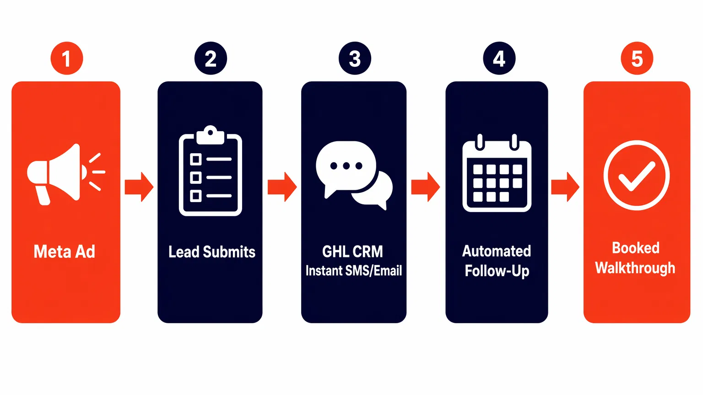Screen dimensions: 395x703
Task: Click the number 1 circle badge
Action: (67, 59)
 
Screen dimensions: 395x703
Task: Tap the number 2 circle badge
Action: (211, 59)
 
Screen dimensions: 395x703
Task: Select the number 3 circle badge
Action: (355, 59)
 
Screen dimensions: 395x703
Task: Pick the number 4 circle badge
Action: (499, 59)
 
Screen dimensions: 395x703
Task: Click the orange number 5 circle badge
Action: (637, 59)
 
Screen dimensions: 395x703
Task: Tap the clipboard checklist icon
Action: (211, 171)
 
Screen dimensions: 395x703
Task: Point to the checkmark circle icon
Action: (636, 175)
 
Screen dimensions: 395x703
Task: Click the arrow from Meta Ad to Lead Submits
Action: (139, 187)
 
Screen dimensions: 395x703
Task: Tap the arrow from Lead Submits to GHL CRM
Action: (282, 187)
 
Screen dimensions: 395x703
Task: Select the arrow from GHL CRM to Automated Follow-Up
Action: (426, 187)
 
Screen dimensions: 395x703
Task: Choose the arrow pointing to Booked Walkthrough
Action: (565, 187)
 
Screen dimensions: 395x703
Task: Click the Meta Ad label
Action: (65, 252)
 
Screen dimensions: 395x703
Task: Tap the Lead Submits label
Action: (211, 252)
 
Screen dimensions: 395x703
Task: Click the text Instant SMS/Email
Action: (354, 271)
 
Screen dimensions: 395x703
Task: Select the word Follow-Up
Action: (497, 271)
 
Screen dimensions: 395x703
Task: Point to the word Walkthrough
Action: (635, 268)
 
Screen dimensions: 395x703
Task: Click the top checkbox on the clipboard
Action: (196, 159)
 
